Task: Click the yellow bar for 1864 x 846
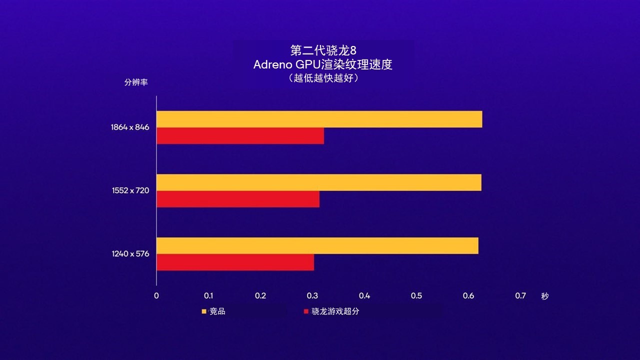tap(319, 119)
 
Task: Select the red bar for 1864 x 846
tap(240, 136)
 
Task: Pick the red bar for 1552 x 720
tap(238, 199)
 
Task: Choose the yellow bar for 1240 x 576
tap(317, 245)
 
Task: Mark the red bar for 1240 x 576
tap(235, 262)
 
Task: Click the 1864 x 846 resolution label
tap(130, 127)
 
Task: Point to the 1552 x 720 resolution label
tap(130, 190)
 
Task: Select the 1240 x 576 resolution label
tap(130, 254)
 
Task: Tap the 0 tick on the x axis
tap(156, 295)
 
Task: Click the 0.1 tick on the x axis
tap(208, 295)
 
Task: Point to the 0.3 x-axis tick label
tap(312, 295)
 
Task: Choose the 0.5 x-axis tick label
tap(416, 295)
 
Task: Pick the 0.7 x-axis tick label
tap(520, 295)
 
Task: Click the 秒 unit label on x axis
tap(544, 296)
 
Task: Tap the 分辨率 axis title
tap(136, 82)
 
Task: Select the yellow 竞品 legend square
tap(204, 311)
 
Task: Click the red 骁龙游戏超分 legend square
tap(306, 311)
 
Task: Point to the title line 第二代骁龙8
tap(323, 51)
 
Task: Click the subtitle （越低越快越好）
tap(323, 78)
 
